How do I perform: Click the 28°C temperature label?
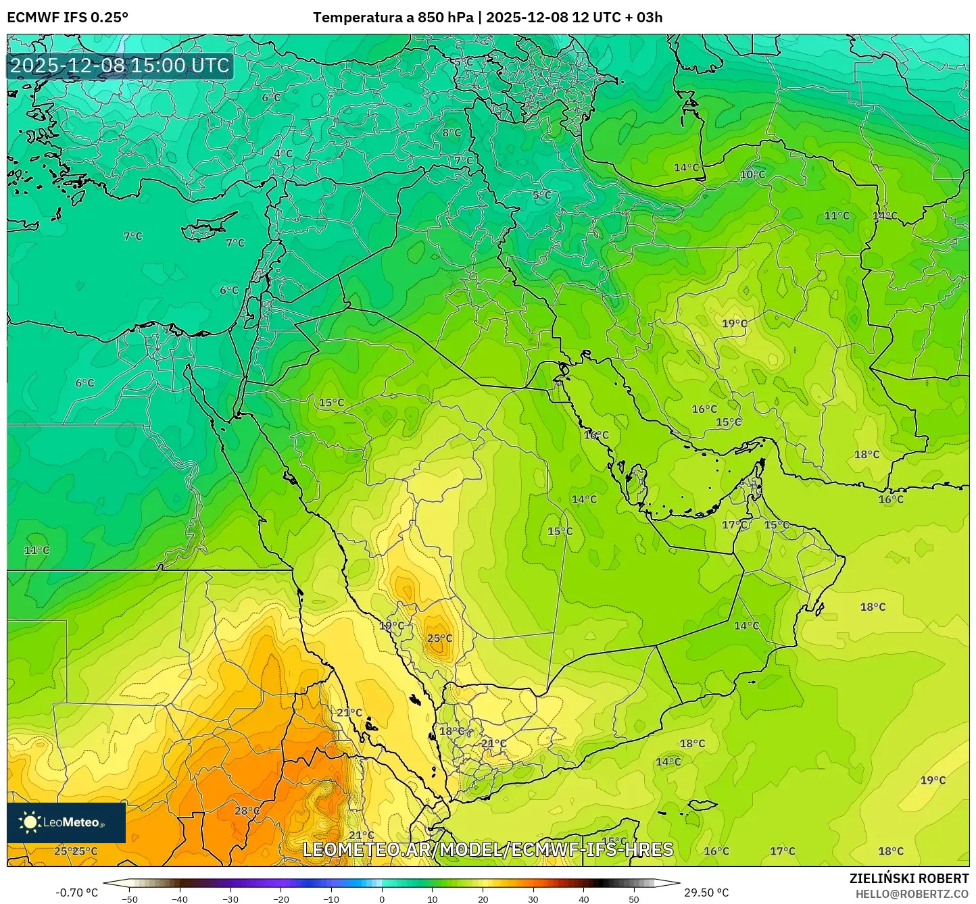[247, 811]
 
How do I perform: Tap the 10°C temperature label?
[752, 174]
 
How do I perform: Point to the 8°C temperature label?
[452, 132]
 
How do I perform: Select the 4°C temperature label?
[283, 153]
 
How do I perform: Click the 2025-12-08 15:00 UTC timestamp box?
[120, 66]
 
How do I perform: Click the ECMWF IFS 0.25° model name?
[68, 18]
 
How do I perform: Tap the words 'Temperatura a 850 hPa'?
[393, 18]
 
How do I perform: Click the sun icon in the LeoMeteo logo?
[30, 822]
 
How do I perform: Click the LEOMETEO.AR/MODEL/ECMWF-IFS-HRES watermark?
[487, 849]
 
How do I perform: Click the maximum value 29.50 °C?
[706, 893]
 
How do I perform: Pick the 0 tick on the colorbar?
[382, 899]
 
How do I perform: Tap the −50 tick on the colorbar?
[129, 899]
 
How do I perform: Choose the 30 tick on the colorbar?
[533, 899]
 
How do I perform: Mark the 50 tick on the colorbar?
[634, 899]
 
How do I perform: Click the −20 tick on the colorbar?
[280, 899]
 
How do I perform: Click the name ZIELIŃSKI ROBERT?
[909, 878]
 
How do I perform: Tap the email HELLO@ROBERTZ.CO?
[912, 893]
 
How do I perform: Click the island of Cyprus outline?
[208, 228]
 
